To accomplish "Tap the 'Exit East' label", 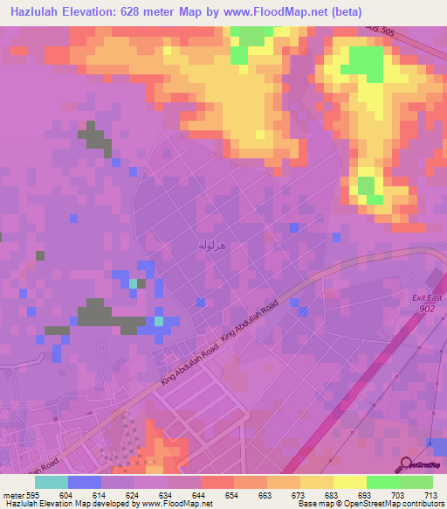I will coord(427,299).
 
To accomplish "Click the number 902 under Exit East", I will coord(427,308).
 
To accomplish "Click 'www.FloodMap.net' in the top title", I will coord(271,11).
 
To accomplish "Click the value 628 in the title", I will coord(148,11).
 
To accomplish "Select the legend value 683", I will coord(334,495).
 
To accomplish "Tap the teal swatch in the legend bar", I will coord(52,482).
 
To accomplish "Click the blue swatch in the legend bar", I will coord(85,482).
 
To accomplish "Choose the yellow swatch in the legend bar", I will coord(350,482).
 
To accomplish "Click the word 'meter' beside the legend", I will coord(13,495).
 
